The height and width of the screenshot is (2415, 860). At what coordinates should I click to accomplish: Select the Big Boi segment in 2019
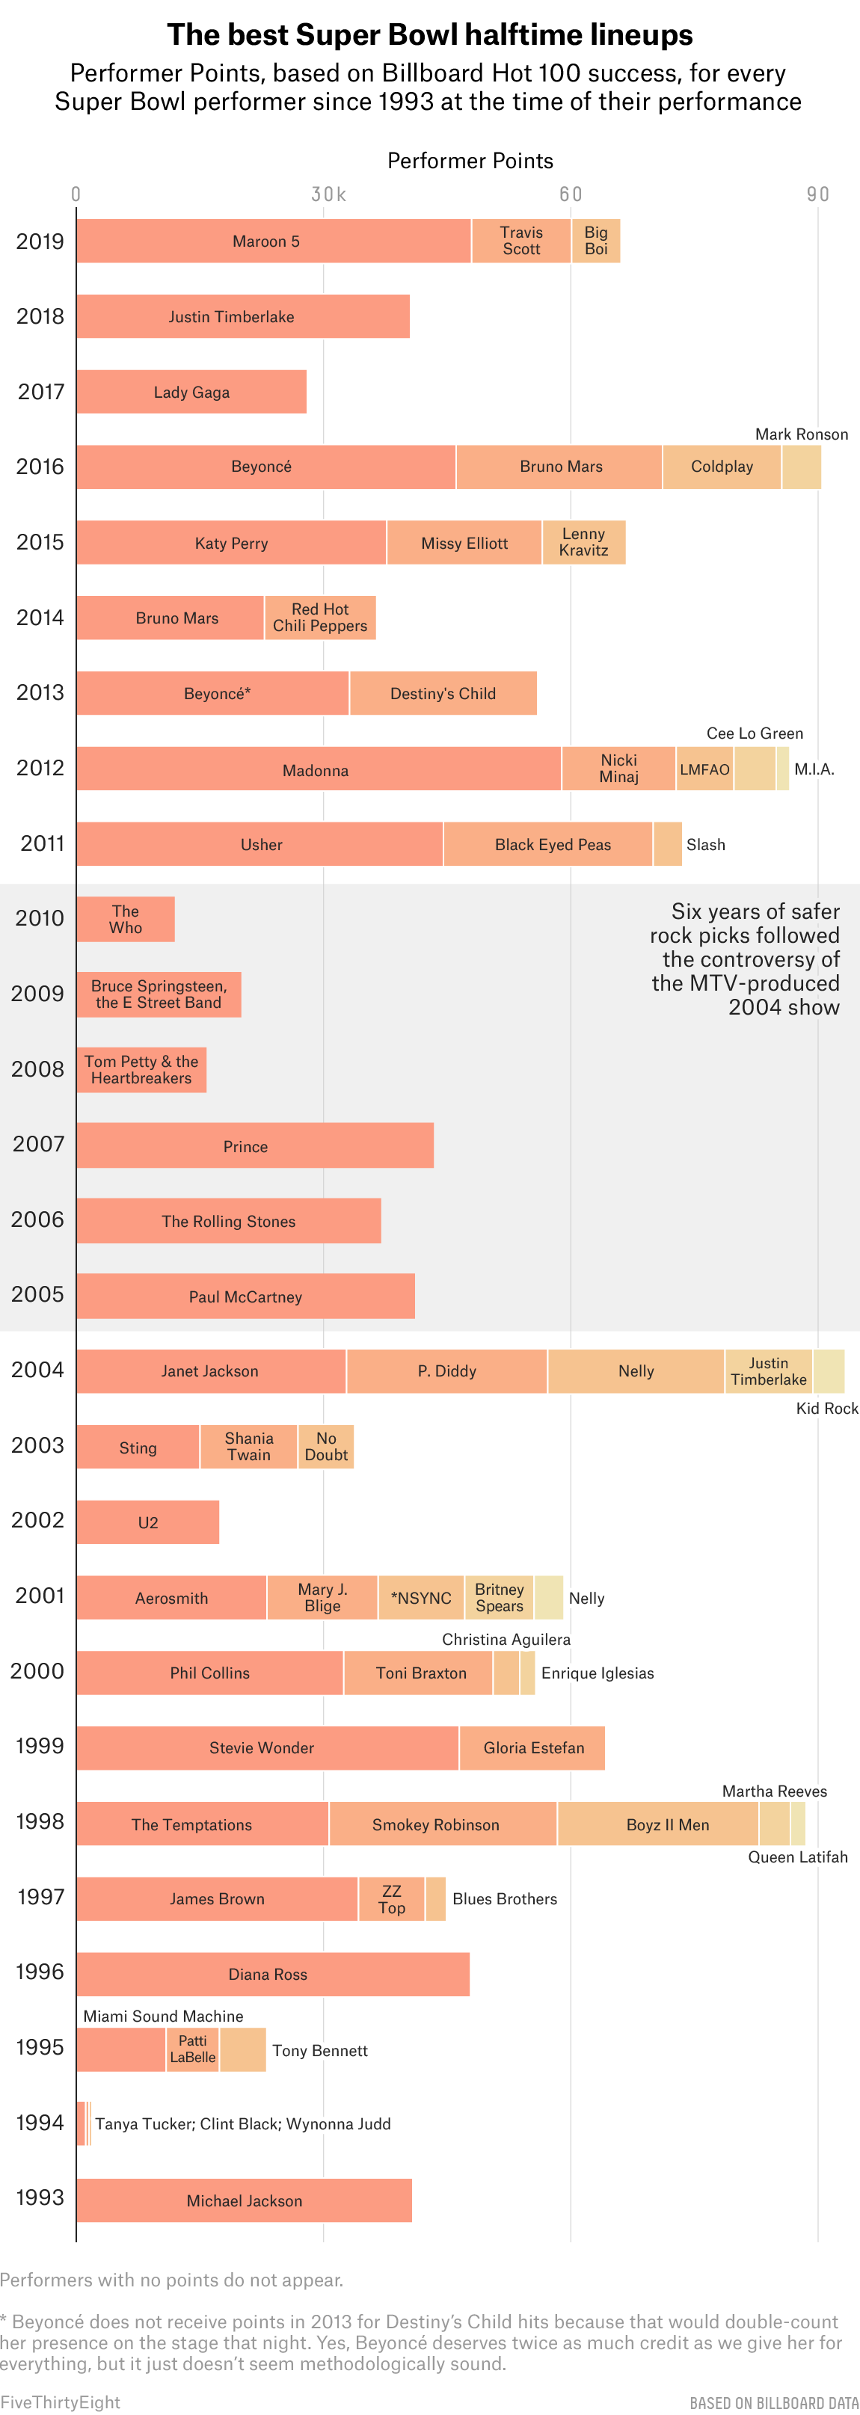[595, 241]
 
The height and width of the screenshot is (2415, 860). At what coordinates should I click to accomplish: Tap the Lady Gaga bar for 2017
[191, 392]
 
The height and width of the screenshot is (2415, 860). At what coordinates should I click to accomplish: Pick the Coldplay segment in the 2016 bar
[721, 467]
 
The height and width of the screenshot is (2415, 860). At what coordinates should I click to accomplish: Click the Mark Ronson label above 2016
[801, 434]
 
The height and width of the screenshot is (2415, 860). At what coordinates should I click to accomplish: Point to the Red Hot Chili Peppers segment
[320, 618]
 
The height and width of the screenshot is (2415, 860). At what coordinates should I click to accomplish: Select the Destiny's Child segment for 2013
[443, 694]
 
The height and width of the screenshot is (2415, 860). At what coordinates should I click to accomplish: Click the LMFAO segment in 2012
[704, 769]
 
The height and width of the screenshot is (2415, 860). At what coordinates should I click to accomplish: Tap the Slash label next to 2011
[705, 845]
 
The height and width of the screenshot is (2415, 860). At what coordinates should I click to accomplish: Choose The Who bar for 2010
[126, 919]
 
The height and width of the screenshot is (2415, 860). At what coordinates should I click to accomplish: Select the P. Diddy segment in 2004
[446, 1370]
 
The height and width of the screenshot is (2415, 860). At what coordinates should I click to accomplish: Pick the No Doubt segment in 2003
[325, 1447]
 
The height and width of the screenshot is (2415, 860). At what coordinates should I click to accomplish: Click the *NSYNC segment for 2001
[421, 1598]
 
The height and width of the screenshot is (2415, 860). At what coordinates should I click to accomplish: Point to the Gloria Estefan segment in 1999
[532, 1747]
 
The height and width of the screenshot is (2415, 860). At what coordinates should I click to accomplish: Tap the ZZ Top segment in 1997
[391, 1899]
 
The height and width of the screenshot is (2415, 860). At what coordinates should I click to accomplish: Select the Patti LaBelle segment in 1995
[192, 2049]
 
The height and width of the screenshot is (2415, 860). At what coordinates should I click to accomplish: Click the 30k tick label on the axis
[328, 194]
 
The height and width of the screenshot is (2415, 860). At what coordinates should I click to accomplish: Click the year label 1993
[40, 2198]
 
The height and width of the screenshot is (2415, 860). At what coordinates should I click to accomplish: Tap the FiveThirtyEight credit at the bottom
[60, 2402]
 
